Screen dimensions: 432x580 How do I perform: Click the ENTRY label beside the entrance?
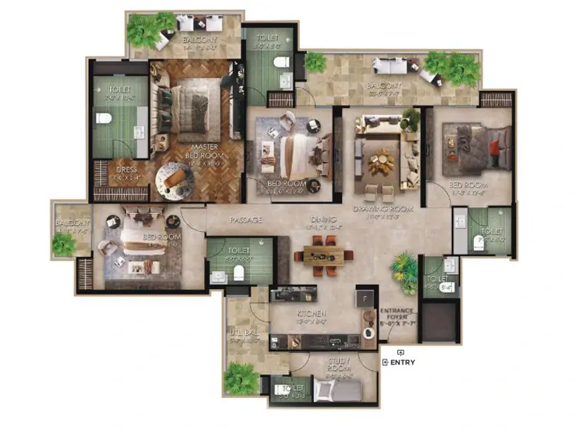402,363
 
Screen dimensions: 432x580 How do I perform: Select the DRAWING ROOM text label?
383,209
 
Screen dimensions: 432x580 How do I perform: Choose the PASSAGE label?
246,220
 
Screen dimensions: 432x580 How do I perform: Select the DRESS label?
126,171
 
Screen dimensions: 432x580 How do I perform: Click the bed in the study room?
337,392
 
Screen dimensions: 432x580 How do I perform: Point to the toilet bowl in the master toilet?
103,119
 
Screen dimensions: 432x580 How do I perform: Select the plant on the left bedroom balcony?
64,244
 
